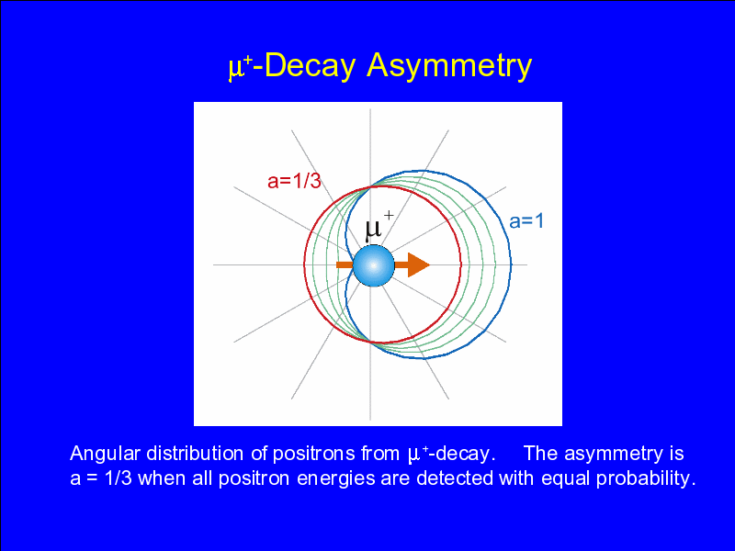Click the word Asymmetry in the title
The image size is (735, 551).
(x=449, y=65)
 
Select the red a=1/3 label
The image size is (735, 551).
(x=294, y=180)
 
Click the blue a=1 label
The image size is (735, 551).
(x=526, y=220)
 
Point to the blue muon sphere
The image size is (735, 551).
(x=374, y=265)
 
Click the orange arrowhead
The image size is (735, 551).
(x=419, y=264)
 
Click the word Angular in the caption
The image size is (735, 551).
(x=105, y=454)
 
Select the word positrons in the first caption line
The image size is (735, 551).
(x=313, y=454)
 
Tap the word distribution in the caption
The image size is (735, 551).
(x=196, y=453)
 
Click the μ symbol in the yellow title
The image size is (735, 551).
(x=234, y=69)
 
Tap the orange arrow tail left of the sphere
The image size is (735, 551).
(x=345, y=264)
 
